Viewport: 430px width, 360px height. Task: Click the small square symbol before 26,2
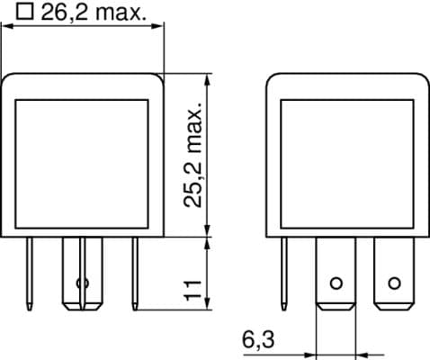(x=25, y=13)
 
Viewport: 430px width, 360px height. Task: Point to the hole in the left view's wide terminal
(x=83, y=283)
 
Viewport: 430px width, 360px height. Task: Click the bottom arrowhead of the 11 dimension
(x=208, y=305)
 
